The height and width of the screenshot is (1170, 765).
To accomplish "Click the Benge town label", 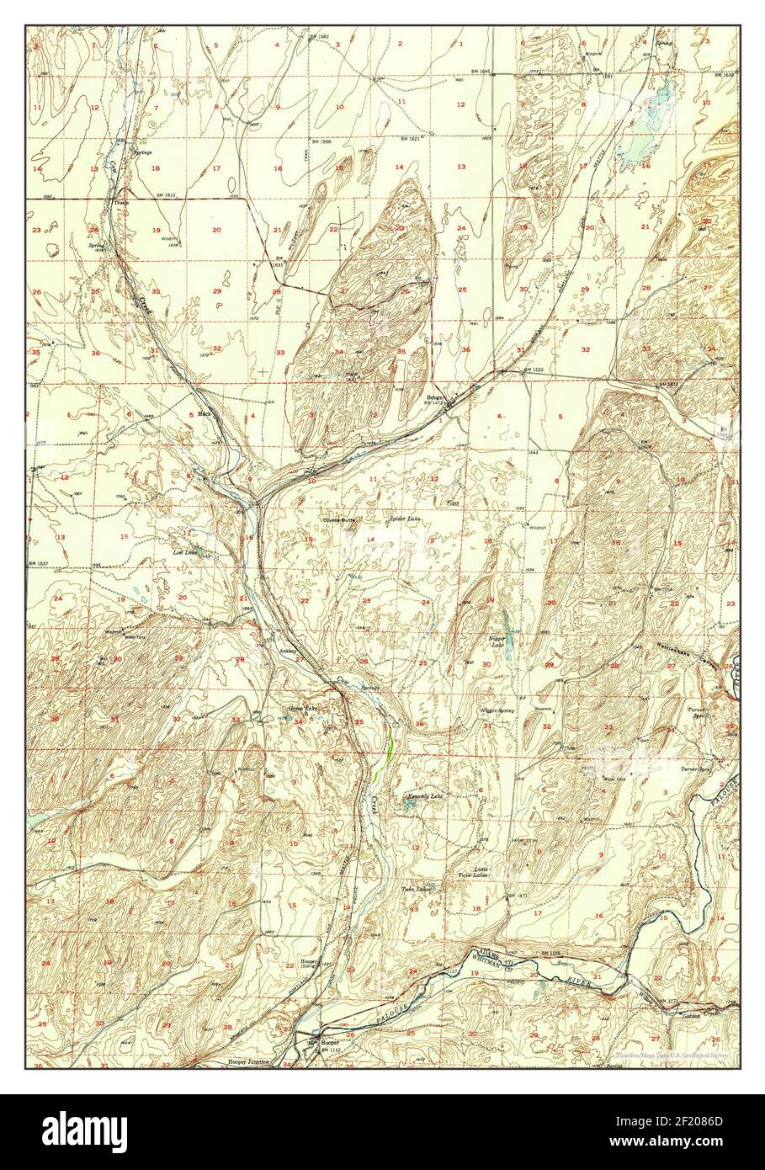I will click(x=433, y=397).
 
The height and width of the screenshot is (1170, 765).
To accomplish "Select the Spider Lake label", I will click(x=404, y=519).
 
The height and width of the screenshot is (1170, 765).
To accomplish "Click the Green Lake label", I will click(x=301, y=709).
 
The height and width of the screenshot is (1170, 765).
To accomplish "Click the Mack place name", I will click(x=204, y=414).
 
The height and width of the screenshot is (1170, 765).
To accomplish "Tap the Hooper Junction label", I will click(x=248, y=1062).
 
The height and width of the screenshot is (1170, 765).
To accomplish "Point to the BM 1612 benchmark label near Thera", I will click(x=167, y=194).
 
